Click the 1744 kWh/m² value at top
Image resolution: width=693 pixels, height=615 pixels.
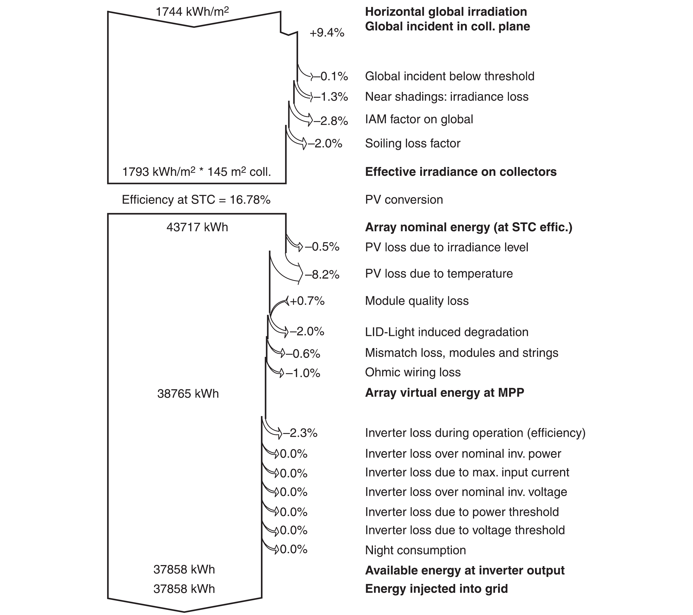[x=192, y=12]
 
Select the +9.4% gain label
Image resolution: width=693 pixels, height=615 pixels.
[x=327, y=33]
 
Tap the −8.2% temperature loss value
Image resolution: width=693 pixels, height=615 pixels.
[x=322, y=275]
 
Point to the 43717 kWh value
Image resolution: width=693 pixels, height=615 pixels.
[x=197, y=227]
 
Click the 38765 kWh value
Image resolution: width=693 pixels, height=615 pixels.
[x=188, y=394]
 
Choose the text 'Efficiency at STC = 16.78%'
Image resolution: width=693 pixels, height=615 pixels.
[x=196, y=200]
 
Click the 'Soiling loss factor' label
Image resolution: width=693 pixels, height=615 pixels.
[x=413, y=143]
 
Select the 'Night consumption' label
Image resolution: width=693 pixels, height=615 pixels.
[x=415, y=550]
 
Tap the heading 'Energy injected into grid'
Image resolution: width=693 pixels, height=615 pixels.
[x=436, y=589]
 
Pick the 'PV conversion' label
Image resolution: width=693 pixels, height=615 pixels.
[x=404, y=200]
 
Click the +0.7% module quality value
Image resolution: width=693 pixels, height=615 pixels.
[x=307, y=301]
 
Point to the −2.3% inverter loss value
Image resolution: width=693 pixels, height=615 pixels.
[x=300, y=433]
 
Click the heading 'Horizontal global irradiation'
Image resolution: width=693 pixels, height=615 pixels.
[x=446, y=12]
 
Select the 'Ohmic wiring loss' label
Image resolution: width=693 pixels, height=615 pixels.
[x=413, y=372]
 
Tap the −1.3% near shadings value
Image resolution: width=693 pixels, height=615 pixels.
[x=331, y=97]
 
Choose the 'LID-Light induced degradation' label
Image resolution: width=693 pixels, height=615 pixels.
[x=447, y=332]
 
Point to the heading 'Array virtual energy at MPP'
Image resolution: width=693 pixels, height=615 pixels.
[x=444, y=393]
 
